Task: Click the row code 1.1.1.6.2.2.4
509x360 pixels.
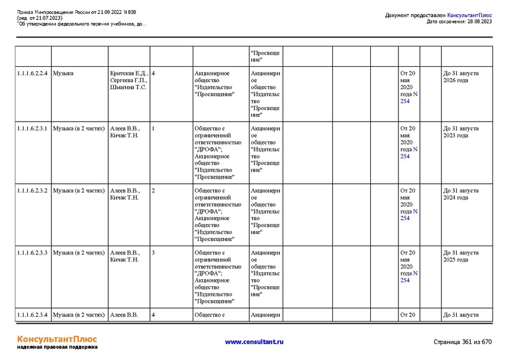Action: pyautogui.click(x=32, y=73)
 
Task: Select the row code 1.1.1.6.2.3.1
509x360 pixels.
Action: pyautogui.click(x=32, y=128)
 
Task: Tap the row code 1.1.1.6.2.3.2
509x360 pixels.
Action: pyautogui.click(x=32, y=191)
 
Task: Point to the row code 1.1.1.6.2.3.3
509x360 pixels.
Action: pyautogui.click(x=32, y=253)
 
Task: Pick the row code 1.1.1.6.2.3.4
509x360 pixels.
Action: pyautogui.click(x=32, y=315)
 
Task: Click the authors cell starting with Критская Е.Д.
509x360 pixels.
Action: pyautogui.click(x=129, y=80)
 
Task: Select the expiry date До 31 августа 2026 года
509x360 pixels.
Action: pyautogui.click(x=461, y=77)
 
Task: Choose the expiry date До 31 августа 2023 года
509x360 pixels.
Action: pyautogui.click(x=461, y=132)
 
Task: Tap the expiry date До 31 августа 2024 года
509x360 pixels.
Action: pyautogui.click(x=461, y=194)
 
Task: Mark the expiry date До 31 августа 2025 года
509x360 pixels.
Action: pyautogui.click(x=461, y=256)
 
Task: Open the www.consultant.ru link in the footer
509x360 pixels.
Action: pyautogui.click(x=254, y=342)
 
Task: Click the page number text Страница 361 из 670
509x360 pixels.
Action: pyautogui.click(x=463, y=342)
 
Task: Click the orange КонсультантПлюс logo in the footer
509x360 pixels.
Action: pyautogui.click(x=56, y=339)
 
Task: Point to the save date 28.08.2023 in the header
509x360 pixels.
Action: pyautogui.click(x=478, y=22)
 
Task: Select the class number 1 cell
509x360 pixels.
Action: pyautogui.click(x=153, y=128)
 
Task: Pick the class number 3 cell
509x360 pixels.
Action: pyautogui.click(x=153, y=253)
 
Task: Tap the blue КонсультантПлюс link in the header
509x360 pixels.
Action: pyautogui.click(x=470, y=15)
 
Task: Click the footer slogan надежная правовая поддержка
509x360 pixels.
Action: pyautogui.click(x=57, y=348)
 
